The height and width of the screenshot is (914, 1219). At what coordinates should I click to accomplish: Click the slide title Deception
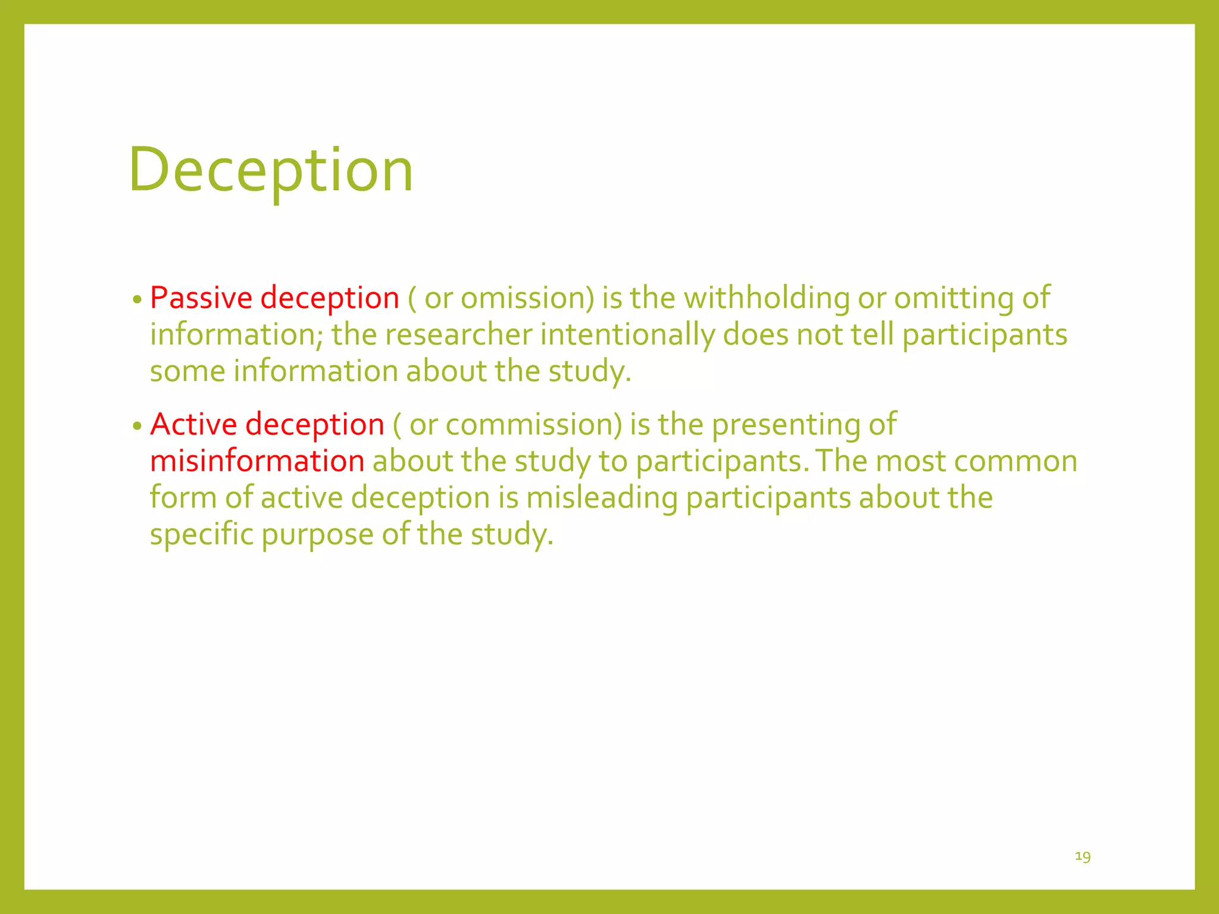point(271,170)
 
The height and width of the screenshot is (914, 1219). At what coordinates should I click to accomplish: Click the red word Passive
point(201,298)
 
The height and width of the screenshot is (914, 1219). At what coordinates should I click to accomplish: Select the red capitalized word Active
point(194,424)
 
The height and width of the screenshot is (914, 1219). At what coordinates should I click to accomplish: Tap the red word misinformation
point(257,461)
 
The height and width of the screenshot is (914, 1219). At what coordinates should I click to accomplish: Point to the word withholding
point(767,298)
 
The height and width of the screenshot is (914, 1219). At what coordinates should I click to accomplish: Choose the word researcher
point(458,334)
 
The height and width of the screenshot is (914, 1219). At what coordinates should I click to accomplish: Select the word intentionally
point(627,334)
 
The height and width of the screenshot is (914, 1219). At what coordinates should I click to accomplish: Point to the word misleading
point(602,497)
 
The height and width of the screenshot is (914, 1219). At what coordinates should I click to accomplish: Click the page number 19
point(1083,856)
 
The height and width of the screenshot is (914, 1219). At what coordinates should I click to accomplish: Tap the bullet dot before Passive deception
point(137,299)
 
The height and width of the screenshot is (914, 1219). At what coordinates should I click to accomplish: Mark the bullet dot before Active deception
point(137,426)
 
